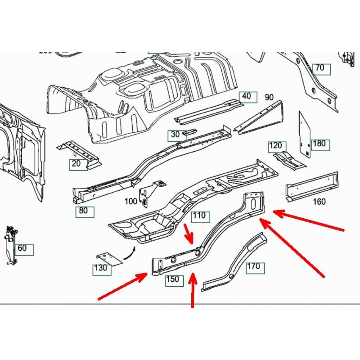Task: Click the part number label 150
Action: pos(173,279)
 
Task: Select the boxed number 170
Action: pos(254,267)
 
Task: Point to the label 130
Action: pos(101,269)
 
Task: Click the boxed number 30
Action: pos(175,134)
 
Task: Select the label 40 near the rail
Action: pos(246,96)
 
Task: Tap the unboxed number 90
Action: pos(269,97)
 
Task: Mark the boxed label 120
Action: pos(275,146)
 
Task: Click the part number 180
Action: pos(319,144)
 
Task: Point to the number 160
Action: pos(319,202)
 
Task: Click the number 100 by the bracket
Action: pos(131,202)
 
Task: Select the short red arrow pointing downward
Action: pos(190,233)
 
